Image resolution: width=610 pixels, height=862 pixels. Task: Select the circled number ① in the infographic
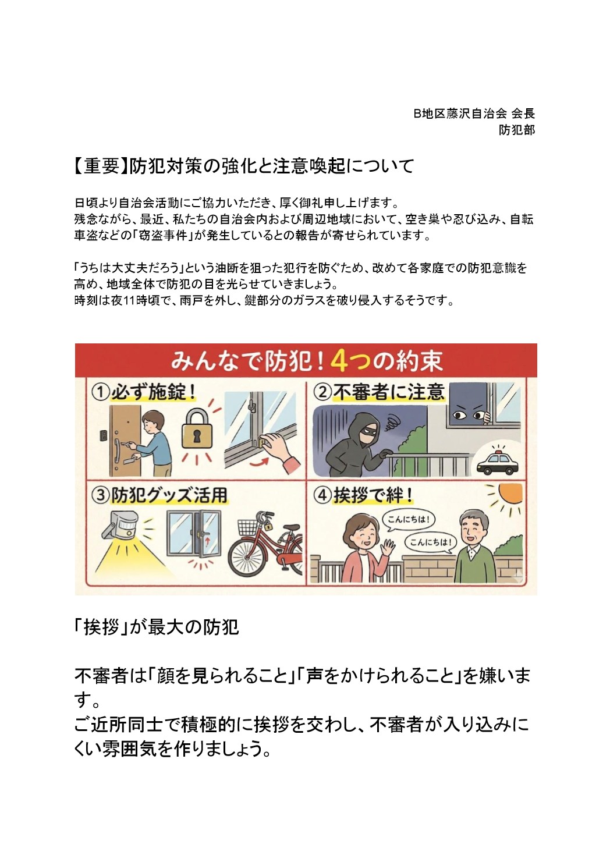click(x=100, y=393)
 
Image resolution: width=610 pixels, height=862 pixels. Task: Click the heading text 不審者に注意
click(x=389, y=392)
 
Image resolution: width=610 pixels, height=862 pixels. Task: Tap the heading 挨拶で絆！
click(x=373, y=495)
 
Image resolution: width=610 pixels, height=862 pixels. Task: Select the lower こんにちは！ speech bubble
click(x=430, y=542)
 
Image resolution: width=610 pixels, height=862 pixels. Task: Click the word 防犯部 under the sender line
click(x=517, y=130)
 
